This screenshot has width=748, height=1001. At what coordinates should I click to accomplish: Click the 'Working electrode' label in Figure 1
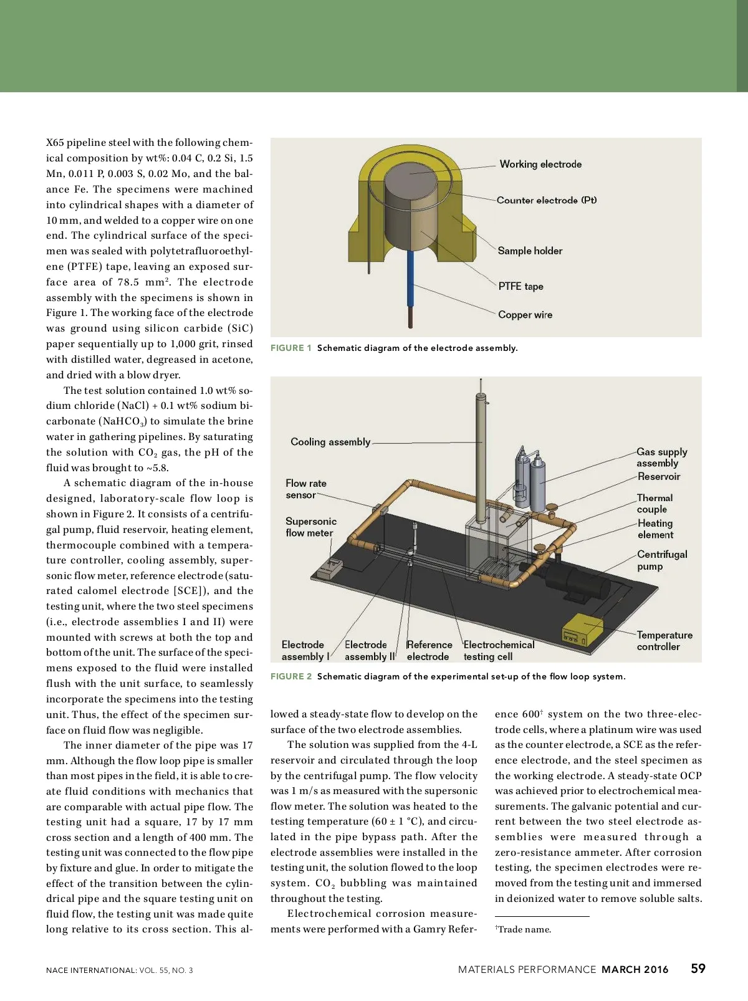(540, 165)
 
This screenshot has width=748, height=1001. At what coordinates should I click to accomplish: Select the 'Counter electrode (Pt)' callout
(547, 200)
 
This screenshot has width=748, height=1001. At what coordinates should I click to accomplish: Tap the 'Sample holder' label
(530, 251)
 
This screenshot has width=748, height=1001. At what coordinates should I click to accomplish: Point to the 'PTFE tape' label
(520, 286)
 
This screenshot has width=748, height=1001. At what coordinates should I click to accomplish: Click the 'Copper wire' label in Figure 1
(525, 315)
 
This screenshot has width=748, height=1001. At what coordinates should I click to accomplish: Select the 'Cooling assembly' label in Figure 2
(330, 442)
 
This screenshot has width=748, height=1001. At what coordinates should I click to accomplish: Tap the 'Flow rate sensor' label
(305, 489)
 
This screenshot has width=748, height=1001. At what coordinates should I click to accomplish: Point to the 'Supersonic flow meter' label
(310, 527)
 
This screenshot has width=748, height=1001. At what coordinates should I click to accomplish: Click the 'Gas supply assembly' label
(661, 457)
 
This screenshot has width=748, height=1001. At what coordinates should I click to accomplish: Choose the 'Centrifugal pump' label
(661, 560)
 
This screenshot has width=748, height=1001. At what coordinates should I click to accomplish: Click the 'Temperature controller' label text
(664, 641)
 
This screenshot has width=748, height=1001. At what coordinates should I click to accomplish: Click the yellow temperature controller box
(583, 632)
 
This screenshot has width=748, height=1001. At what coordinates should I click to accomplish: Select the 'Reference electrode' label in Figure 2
(429, 651)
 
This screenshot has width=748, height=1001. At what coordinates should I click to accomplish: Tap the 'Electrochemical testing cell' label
(499, 651)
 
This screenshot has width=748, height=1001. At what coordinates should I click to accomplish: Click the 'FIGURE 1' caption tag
(290, 348)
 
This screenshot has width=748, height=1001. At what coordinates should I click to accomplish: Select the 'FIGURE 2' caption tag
(290, 676)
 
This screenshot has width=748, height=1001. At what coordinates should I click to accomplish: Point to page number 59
(698, 969)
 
